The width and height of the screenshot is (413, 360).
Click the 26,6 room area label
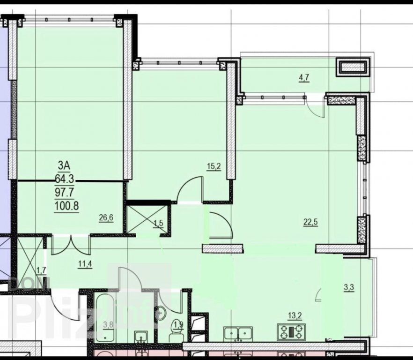106,218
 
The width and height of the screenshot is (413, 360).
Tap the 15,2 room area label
214,167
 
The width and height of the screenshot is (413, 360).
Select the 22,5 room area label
311,222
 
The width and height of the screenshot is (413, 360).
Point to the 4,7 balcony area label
304,78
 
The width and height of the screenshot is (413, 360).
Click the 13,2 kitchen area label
295,315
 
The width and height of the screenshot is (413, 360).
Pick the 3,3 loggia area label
349,287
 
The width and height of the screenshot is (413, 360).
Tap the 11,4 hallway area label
85,263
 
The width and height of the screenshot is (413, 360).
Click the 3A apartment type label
64,165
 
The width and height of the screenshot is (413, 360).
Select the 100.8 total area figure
66,206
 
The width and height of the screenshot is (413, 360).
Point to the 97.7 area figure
64,192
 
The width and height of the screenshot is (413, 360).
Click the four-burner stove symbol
291,332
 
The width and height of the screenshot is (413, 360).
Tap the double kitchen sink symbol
238,334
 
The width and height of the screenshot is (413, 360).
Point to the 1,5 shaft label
158,224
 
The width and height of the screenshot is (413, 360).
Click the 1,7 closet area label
41,270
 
